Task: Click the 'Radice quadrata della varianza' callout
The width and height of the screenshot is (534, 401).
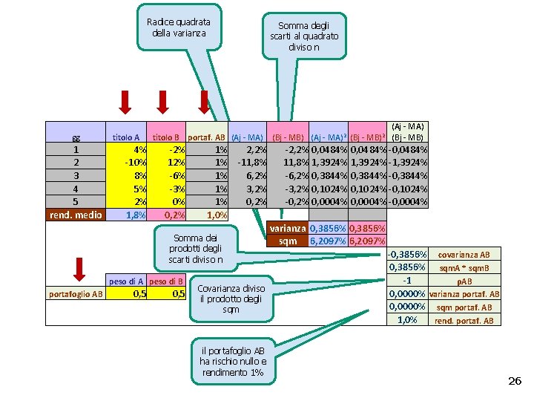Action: pyautogui.click(x=179, y=27)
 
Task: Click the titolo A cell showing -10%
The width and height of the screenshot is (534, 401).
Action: pyautogui.click(x=127, y=162)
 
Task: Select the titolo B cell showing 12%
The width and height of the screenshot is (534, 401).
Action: pyautogui.click(x=167, y=162)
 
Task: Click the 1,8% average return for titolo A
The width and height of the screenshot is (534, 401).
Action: pyautogui.click(x=127, y=215)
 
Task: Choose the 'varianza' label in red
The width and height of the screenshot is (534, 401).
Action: pyautogui.click(x=287, y=229)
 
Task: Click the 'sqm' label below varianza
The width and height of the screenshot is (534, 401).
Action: pyautogui.click(x=287, y=241)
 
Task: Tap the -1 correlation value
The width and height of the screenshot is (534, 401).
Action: pyautogui.click(x=406, y=281)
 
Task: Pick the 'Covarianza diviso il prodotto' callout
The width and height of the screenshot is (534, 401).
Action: pyautogui.click(x=231, y=293)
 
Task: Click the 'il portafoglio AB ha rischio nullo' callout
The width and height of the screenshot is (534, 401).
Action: pyautogui.click(x=233, y=361)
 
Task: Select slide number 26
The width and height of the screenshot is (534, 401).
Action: pyautogui.click(x=514, y=381)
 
